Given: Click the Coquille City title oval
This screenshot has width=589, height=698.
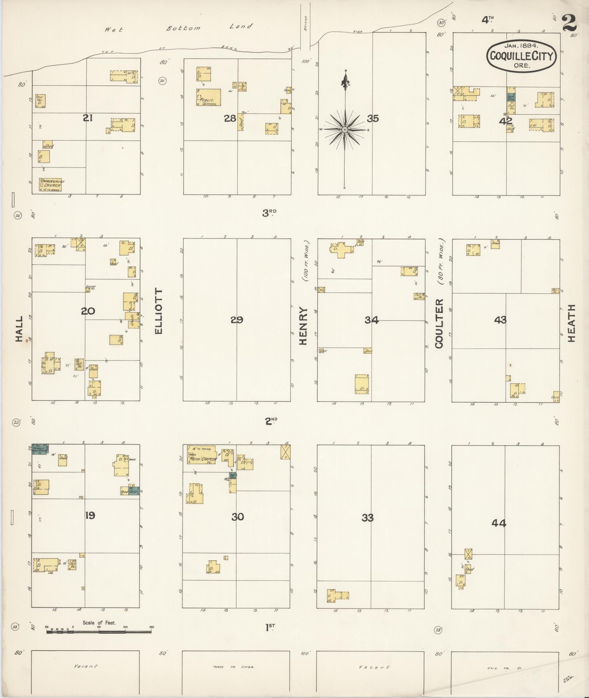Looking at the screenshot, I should point(521,55).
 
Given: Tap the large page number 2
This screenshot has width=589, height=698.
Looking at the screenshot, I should point(569,23).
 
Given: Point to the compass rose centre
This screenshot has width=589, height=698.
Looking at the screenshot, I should point(344,130).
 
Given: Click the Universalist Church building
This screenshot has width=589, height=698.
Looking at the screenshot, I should point(50,185).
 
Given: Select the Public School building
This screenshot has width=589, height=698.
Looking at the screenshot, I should point(209,97).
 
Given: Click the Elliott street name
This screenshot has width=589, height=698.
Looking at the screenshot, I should point(158,311).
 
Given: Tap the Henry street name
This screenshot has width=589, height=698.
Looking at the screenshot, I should point(303,326).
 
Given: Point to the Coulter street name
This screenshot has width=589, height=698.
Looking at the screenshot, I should point(439,323).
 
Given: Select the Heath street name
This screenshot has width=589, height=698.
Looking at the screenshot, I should point(571,323).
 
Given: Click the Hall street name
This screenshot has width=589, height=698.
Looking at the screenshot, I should point(19,329).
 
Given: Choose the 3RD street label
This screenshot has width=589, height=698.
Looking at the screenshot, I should point(269,213).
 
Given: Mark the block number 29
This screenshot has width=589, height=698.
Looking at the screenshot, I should point(237,320).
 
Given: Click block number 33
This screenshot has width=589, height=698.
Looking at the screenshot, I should point(367,517).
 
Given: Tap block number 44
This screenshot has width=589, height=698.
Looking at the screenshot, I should point(498,523).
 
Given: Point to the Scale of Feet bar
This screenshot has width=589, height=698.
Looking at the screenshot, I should point(99,632).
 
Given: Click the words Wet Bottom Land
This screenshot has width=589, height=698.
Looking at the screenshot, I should point(178,28).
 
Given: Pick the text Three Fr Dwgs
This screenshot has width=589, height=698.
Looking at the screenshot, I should point(233,667).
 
